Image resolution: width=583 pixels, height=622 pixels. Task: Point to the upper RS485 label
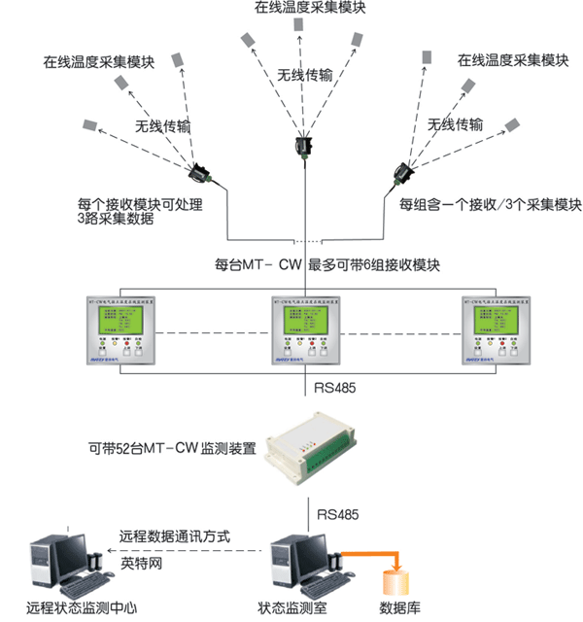pyautogui.click(x=335, y=391)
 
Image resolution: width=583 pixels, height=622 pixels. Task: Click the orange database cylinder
pyautogui.click(x=398, y=585)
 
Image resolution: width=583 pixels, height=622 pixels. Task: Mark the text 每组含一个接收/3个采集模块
pyautogui.click(x=491, y=205)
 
